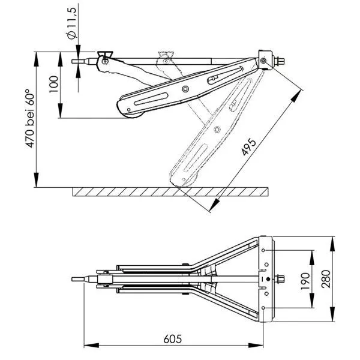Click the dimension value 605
coord(173,338)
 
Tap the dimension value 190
coord(305,278)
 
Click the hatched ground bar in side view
coord(170,192)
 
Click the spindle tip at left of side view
coord(76,60)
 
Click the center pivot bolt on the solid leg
coord(187,89)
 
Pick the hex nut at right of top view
coord(280,278)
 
